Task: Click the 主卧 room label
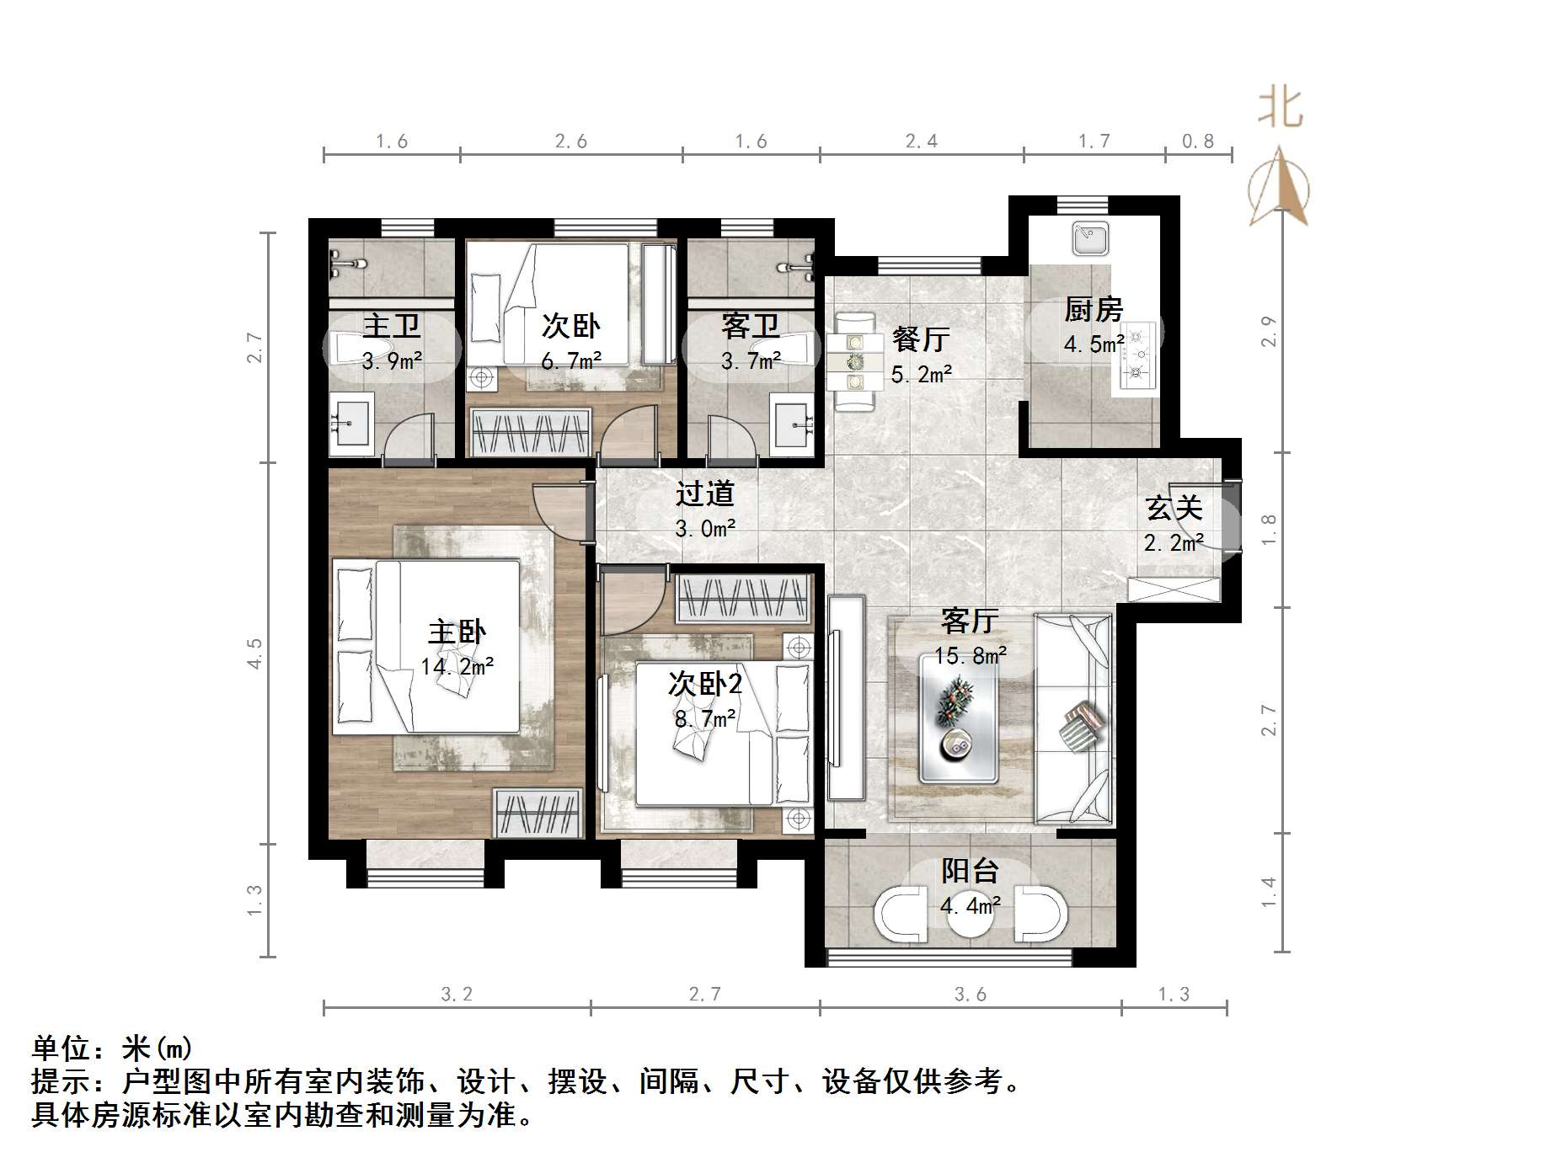[457, 632]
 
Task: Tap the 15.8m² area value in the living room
[971, 655]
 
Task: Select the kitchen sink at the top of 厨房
[1093, 238]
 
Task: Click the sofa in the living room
[1073, 719]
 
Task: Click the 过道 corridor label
[705, 494]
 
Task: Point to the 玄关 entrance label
[1174, 509]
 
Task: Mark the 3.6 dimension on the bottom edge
[970, 995]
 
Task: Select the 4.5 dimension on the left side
[254, 654]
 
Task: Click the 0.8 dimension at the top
[1197, 141]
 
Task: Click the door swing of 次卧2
[633, 602]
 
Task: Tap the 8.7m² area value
[705, 718]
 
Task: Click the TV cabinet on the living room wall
[846, 697]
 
